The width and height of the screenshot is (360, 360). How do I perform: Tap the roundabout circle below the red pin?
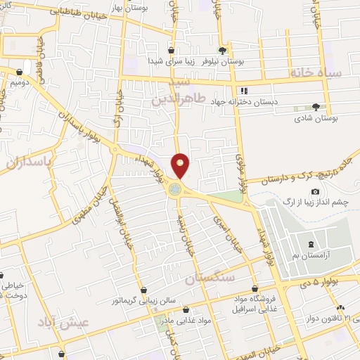coord(174,188)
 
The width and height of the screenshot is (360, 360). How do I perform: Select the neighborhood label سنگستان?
coord(208,278)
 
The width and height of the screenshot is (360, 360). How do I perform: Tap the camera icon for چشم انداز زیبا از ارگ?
coord(314,192)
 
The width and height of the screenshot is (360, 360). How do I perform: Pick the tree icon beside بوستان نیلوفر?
coord(222,50)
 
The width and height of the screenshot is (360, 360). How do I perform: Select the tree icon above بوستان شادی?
coord(316,107)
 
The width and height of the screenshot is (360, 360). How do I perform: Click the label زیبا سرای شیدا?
coord(169,61)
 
